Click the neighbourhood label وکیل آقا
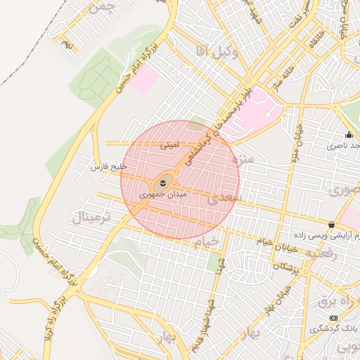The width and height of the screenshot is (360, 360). coord(211,50)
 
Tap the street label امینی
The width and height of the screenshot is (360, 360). coord(169,146)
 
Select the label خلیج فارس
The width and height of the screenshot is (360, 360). coord(109,167)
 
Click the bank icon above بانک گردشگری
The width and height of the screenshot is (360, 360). coord(333,318)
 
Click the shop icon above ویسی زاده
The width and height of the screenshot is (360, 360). coord(331,225)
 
